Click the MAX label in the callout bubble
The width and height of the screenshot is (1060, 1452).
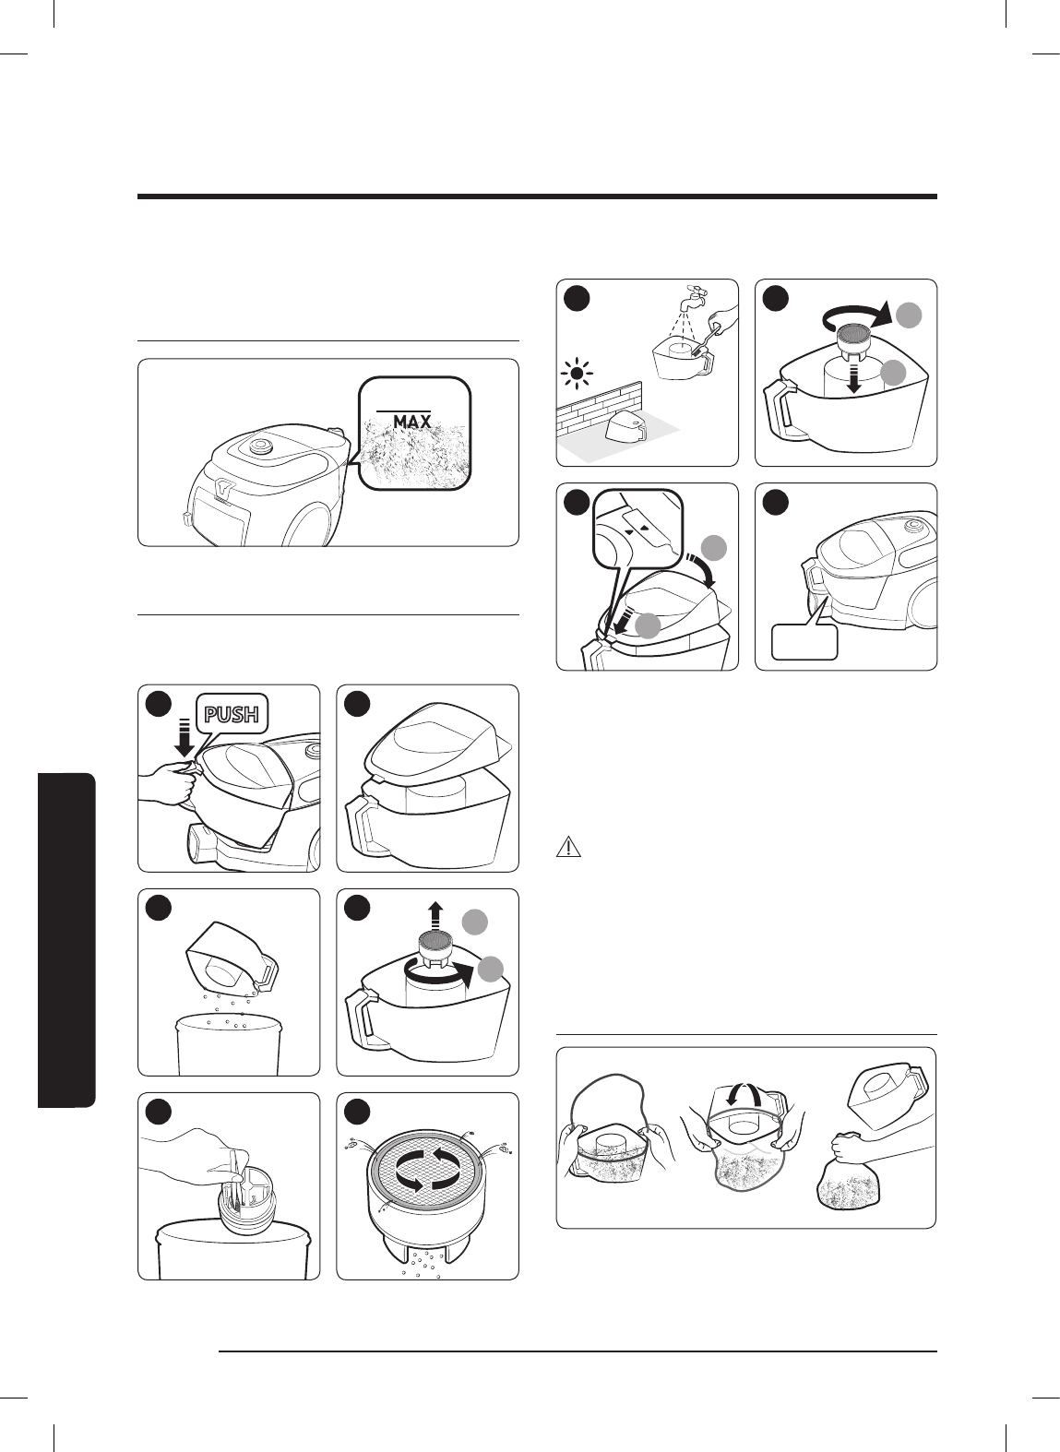click(411, 421)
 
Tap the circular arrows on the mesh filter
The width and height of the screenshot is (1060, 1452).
click(427, 1169)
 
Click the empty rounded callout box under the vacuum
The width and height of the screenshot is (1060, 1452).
click(804, 642)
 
